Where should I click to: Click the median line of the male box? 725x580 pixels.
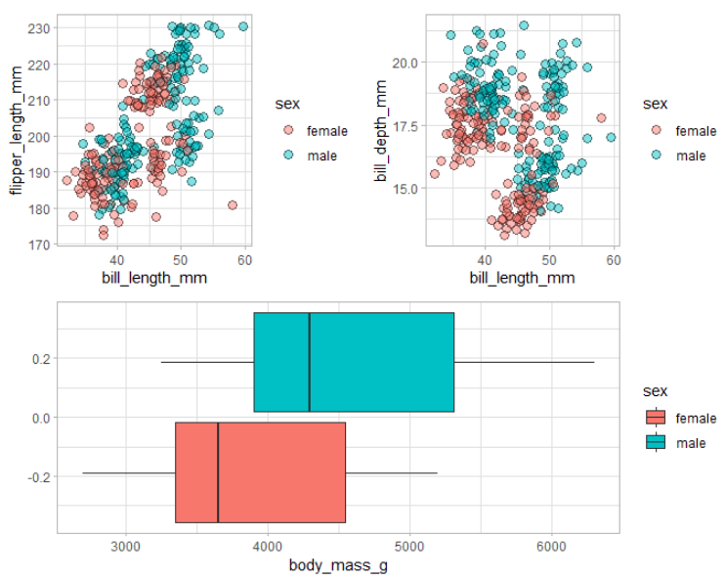click(x=310, y=362)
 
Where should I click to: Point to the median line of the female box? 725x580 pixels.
click(x=218, y=472)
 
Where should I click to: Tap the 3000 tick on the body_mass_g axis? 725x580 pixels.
click(x=125, y=546)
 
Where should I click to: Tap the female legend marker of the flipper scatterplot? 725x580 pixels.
click(x=287, y=130)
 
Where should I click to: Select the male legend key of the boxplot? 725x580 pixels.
click(x=657, y=443)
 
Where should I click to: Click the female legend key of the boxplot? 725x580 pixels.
click(x=657, y=419)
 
